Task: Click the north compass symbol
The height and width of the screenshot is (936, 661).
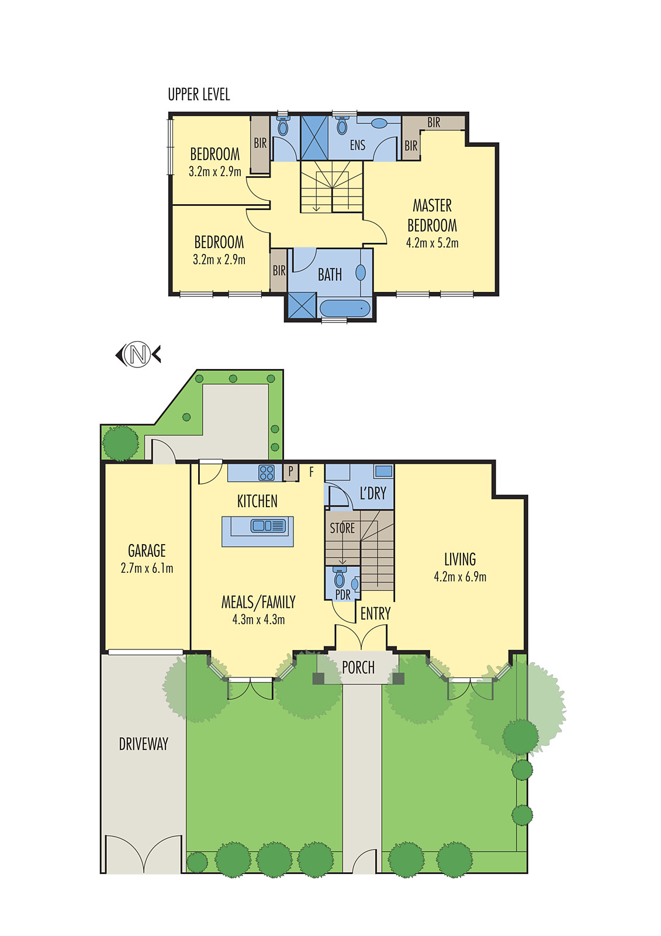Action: [138, 355]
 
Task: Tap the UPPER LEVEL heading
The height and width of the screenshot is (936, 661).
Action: [199, 94]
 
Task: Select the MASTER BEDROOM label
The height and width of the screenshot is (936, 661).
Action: [432, 215]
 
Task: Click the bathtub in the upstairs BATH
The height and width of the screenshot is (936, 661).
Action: [345, 308]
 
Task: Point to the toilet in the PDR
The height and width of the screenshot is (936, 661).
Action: [340, 579]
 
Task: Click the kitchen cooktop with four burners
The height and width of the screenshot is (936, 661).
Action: [267, 472]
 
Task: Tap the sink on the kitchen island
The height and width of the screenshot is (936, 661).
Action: [268, 526]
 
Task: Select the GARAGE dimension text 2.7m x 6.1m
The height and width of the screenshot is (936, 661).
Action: [147, 568]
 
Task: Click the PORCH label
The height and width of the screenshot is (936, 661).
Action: [358, 667]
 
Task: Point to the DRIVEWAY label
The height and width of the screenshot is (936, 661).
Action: [143, 744]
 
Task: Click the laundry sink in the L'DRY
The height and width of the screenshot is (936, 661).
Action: [383, 470]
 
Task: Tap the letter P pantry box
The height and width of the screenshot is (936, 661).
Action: [290, 472]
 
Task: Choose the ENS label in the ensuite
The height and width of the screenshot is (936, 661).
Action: [357, 145]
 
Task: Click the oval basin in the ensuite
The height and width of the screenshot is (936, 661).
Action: [379, 123]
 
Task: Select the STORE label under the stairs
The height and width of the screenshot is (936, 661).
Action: [342, 528]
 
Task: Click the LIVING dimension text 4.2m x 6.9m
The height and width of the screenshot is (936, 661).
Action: [460, 577]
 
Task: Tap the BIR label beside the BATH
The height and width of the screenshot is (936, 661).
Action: [279, 270]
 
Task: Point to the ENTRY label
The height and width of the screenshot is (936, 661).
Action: [375, 614]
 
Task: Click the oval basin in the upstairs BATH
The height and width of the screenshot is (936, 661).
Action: [361, 272]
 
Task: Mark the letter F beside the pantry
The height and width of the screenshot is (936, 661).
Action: [312, 471]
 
